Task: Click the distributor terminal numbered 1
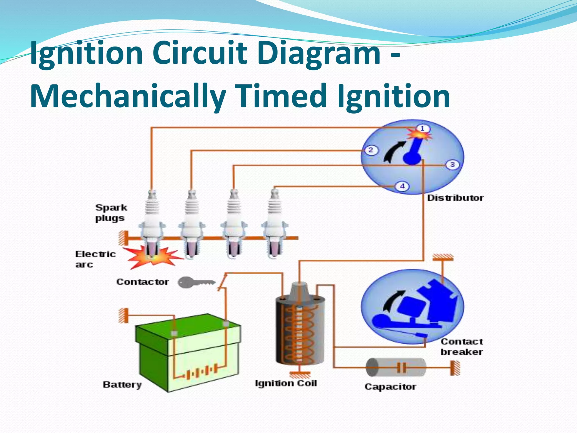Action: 422,129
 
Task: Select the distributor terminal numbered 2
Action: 371,150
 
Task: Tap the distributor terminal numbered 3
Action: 452,164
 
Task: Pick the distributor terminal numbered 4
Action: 402,186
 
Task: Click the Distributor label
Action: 455,198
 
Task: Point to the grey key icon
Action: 196,282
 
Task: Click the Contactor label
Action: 143,282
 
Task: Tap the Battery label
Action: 122,385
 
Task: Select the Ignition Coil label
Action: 286,383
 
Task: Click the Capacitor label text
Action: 390,386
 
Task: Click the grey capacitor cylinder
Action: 396,367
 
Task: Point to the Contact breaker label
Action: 461,347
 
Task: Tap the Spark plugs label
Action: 111,213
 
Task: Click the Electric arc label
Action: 95,259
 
